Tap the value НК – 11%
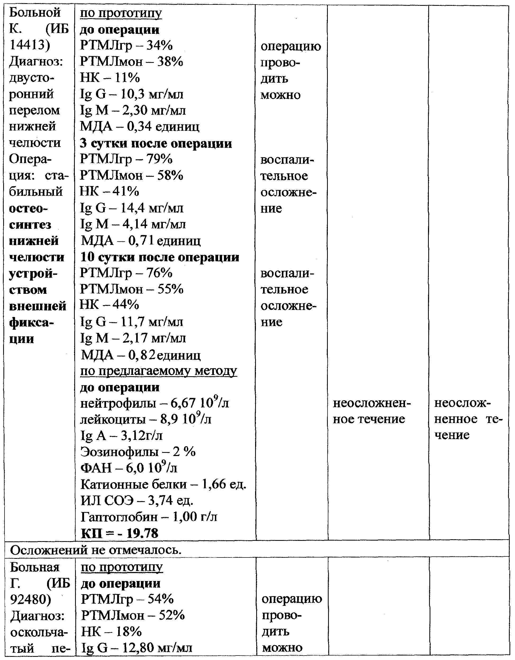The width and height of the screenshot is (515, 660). [110, 78]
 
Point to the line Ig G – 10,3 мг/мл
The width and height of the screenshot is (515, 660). [132, 94]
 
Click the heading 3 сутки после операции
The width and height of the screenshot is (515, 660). [156, 143]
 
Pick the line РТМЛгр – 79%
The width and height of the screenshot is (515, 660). [126, 159]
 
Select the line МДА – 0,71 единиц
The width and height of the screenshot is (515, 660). [140, 241]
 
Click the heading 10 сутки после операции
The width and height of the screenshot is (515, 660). [160, 257]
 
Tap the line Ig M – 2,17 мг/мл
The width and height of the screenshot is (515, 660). [133, 338]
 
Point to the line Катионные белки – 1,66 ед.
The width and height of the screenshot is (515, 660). [163, 485]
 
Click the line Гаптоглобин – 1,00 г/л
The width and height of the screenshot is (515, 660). [149, 517]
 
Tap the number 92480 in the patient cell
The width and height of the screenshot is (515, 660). [30, 599]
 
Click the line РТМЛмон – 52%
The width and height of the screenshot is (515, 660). [132, 616]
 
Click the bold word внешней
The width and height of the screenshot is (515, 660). [38, 306]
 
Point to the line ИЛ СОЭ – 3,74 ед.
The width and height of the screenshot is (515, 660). [137, 501]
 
